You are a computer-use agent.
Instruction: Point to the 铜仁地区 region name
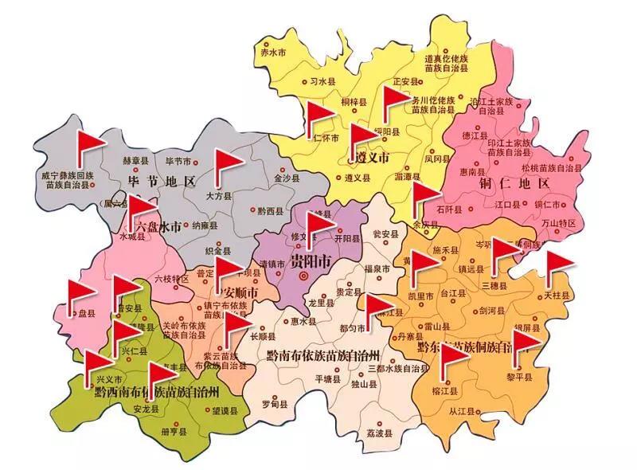[x=516, y=184]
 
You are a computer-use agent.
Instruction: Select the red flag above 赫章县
[x=90, y=143]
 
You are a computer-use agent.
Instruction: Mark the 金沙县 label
[x=286, y=178]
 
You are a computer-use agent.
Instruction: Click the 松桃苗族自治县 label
[x=551, y=168]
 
